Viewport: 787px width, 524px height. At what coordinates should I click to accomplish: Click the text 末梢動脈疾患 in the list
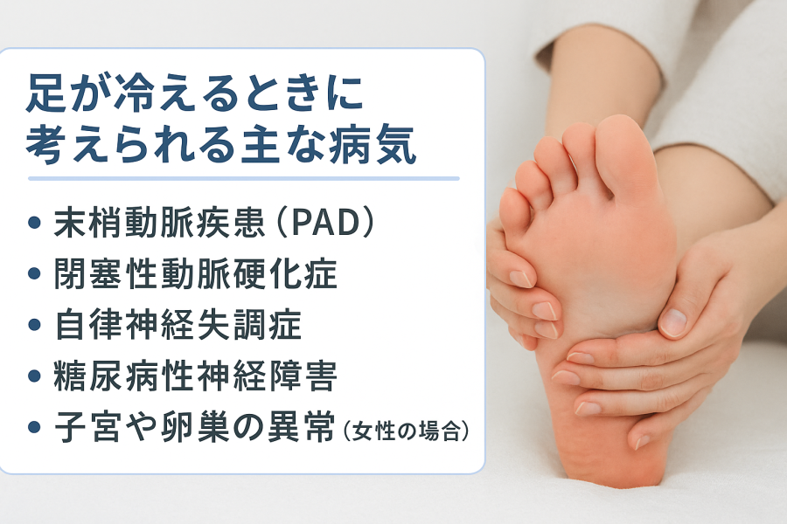coord(159,223)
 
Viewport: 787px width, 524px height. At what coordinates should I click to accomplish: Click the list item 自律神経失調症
coord(178,324)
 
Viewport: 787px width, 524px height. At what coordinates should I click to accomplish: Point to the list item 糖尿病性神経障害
coord(195,376)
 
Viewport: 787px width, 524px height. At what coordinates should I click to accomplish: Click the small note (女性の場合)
coord(406,431)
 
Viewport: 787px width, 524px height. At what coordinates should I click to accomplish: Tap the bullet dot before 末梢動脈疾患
coord(34,223)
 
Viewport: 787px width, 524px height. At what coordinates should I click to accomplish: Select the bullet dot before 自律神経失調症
coord(34,325)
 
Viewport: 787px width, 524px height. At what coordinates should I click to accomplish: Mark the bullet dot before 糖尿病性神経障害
coord(34,376)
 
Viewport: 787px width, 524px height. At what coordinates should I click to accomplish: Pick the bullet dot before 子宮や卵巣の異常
coord(34,427)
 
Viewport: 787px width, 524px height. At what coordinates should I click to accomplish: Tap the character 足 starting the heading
coord(45,93)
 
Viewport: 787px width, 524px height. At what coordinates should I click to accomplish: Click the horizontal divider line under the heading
coord(243,178)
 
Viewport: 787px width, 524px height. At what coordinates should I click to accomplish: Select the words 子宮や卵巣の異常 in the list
coord(195,427)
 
